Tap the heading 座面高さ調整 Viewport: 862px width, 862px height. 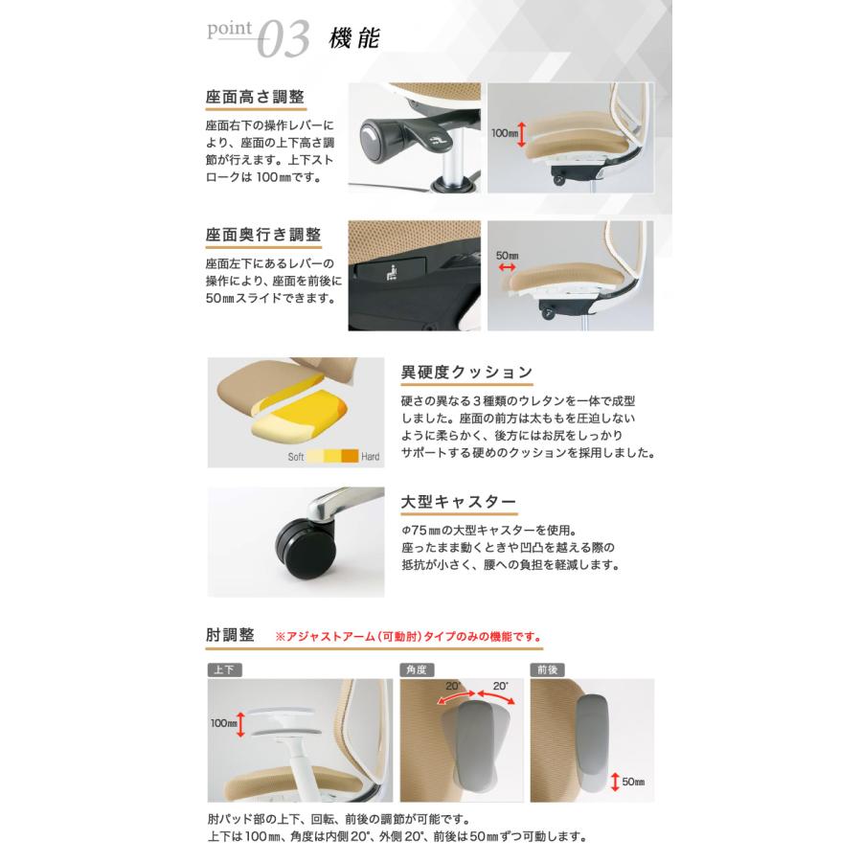pyautogui.click(x=255, y=98)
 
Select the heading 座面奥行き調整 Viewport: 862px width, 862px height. pyautogui.click(x=262, y=235)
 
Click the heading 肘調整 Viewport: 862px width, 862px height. pyautogui.click(x=230, y=634)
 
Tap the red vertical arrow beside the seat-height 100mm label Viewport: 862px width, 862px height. pyautogui.click(x=521, y=134)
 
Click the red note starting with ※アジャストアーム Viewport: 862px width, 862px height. pyautogui.click(x=408, y=635)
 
